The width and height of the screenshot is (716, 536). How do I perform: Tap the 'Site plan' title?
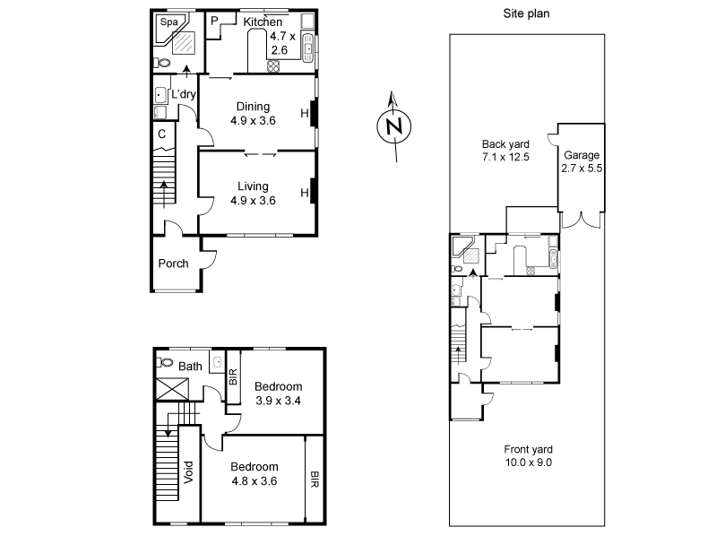click(x=527, y=13)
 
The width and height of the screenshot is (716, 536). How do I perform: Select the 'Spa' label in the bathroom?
click(x=168, y=21)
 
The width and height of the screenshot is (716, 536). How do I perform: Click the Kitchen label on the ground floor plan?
click(x=263, y=22)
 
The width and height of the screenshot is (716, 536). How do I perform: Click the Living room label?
click(x=253, y=186)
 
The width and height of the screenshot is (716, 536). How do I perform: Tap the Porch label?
click(x=173, y=264)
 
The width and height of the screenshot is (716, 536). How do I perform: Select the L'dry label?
click(x=183, y=95)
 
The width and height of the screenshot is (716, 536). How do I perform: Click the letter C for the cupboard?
click(x=162, y=135)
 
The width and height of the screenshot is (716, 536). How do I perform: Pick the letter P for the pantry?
click(x=216, y=21)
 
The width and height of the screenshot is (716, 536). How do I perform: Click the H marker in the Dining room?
click(x=305, y=113)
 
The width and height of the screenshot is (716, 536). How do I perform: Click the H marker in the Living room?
click(x=305, y=193)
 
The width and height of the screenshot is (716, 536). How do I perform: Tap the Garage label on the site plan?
click(x=582, y=155)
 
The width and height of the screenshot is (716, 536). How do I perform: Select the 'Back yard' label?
click(x=505, y=143)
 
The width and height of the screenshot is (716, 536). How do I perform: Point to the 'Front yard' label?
click(x=526, y=450)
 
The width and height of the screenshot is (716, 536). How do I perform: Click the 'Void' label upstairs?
click(x=188, y=471)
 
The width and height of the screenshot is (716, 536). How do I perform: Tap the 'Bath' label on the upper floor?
click(x=190, y=366)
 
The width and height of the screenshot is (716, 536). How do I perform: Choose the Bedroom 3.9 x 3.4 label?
click(x=278, y=386)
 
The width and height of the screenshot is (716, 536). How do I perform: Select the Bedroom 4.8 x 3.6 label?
click(x=254, y=467)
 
